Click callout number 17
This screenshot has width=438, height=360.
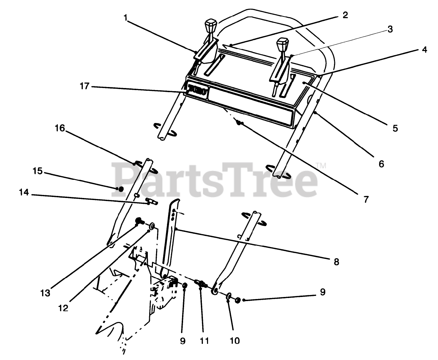tap(85, 87)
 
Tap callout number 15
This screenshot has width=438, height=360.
tap(37, 171)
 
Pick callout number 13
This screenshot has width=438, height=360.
tap(45, 293)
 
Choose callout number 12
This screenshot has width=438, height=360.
tap(63, 308)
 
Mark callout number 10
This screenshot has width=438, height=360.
tap(235, 340)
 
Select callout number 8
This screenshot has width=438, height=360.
tap(336, 262)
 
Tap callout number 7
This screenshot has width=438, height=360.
tap(366, 199)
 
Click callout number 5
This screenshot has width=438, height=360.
tap(395, 128)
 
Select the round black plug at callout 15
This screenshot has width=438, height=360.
tap(120, 189)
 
